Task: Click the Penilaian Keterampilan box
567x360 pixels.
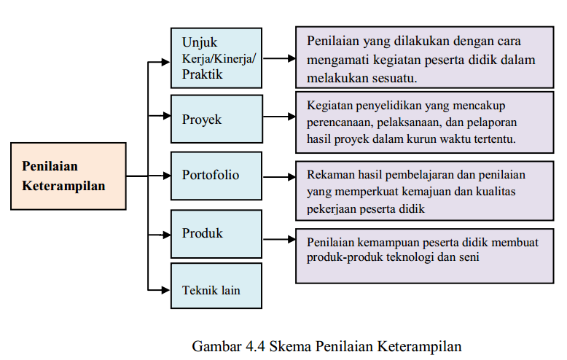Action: (x=69, y=176)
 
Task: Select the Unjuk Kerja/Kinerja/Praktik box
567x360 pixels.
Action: (x=216, y=58)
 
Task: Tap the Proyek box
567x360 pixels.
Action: (x=216, y=118)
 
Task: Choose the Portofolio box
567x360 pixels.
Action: (x=216, y=176)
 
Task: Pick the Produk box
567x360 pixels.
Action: (x=216, y=234)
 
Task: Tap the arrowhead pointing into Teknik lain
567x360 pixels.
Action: (x=165, y=290)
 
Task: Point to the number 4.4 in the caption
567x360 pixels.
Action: (x=254, y=345)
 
